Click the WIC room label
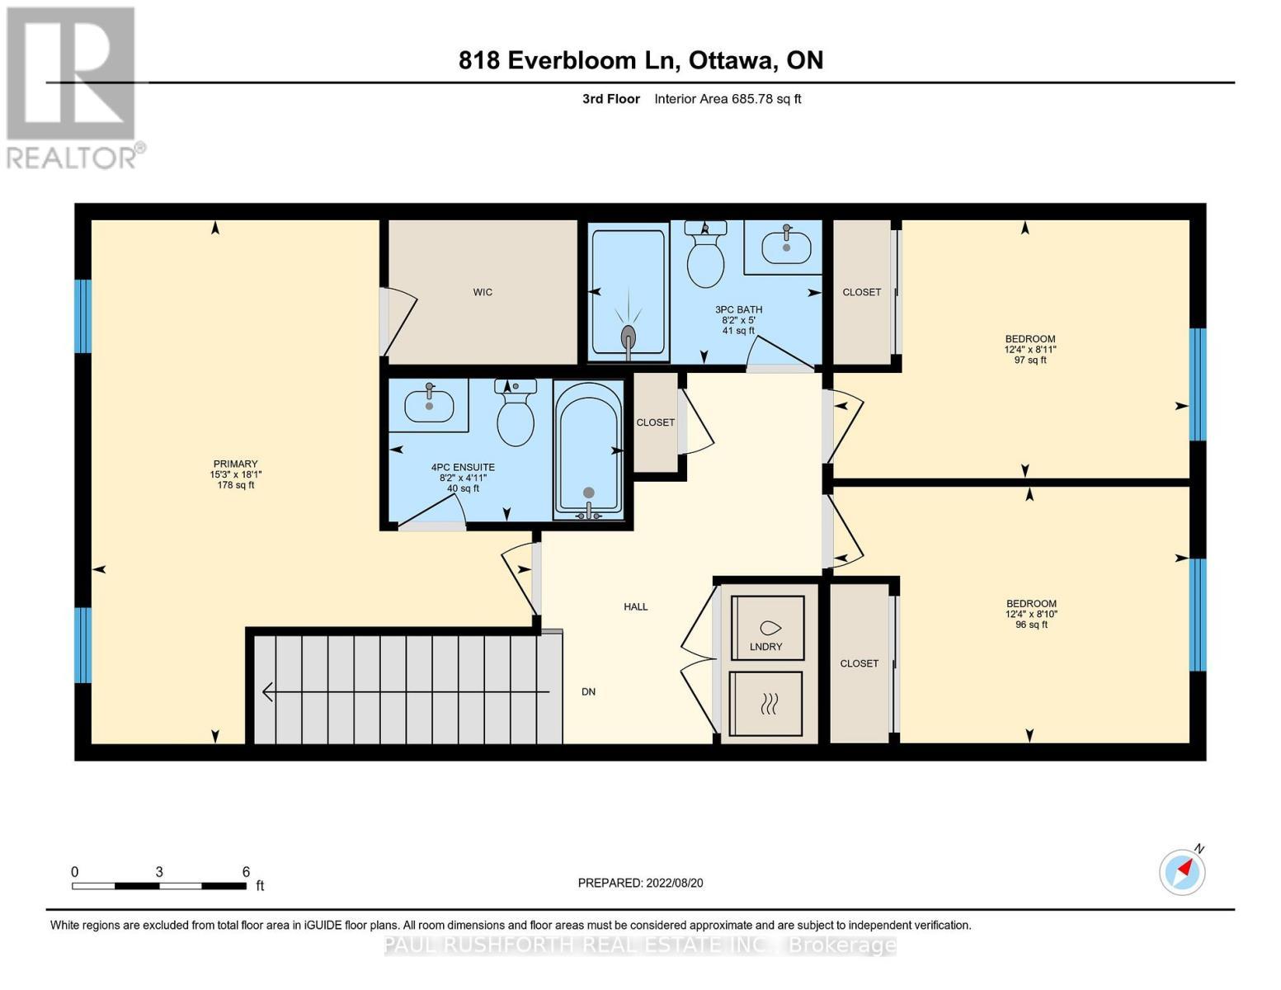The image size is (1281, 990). (x=483, y=292)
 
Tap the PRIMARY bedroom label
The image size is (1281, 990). (x=235, y=464)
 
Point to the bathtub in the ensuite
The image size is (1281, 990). (x=588, y=450)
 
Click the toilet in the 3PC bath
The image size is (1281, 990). (x=705, y=253)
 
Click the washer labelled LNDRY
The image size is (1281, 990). (x=767, y=628)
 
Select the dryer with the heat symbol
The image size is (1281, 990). (x=766, y=704)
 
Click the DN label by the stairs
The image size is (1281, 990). (x=588, y=692)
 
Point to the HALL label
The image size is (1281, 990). (x=635, y=607)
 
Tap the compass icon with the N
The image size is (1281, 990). (x=1182, y=871)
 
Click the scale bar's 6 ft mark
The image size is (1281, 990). (x=246, y=872)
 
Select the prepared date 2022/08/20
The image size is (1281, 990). (x=640, y=883)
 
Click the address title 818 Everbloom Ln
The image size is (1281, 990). (x=641, y=60)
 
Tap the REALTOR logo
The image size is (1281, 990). (x=73, y=87)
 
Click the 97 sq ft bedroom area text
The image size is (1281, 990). (x=1030, y=360)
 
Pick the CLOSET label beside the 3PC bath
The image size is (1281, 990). (x=861, y=292)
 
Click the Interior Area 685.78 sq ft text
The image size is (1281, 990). (x=728, y=99)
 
